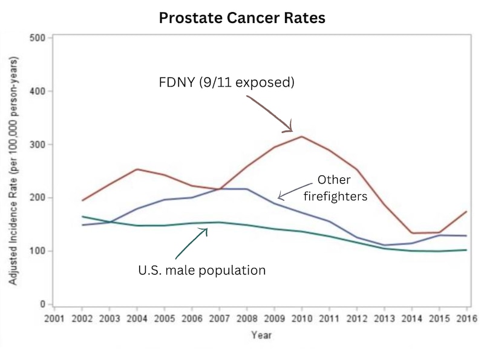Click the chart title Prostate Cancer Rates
(x=242, y=18)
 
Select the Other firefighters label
(x=334, y=188)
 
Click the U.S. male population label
(x=202, y=270)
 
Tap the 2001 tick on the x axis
(x=54, y=318)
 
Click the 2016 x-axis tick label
(x=464, y=318)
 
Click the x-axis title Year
(x=261, y=334)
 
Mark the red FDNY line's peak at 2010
(x=301, y=136)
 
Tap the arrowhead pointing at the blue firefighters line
(x=279, y=196)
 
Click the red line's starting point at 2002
(x=82, y=200)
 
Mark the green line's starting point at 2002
(x=82, y=217)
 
